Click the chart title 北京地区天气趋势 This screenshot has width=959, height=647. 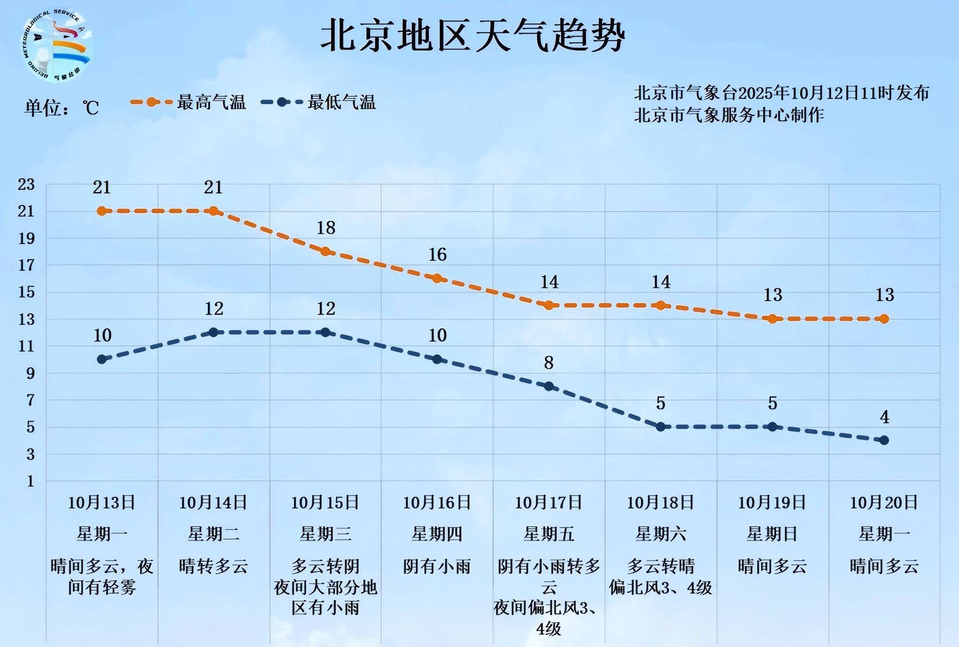472,36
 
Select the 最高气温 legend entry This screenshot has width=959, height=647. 188,102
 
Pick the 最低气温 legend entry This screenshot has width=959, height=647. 319,102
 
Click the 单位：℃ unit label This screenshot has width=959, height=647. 61,107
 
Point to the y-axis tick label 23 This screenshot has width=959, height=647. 26,185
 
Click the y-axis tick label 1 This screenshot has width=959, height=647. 30,481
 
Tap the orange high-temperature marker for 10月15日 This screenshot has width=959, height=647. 325,251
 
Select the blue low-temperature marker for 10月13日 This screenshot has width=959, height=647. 102,359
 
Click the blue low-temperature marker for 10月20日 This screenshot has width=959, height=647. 884,440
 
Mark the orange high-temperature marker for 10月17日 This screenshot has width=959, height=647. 549,305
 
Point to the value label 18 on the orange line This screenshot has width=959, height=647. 326,228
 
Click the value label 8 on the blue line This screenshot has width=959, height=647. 549,363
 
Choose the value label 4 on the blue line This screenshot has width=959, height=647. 884,417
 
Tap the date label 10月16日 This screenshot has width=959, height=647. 437,503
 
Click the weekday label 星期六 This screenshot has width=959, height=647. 661,534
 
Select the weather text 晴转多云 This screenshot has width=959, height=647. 213,566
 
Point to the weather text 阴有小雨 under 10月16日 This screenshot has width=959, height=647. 437,566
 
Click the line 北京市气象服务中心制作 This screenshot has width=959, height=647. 729,115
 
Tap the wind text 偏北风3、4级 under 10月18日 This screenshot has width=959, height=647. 661,588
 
